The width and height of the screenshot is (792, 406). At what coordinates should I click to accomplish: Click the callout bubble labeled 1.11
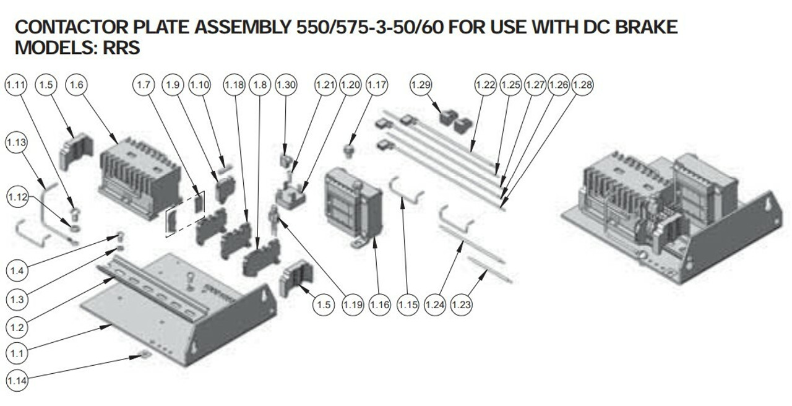pos(16,85)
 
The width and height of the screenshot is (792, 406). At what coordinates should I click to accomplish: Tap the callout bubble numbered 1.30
pos(286,85)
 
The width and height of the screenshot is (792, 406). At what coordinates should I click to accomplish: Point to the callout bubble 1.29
pos(421,85)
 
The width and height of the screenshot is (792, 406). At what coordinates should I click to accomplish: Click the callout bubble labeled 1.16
pos(379,304)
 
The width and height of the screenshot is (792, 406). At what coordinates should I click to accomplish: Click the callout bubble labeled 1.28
pos(582,85)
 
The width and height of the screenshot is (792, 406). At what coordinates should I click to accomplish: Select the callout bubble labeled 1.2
pos(17,327)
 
